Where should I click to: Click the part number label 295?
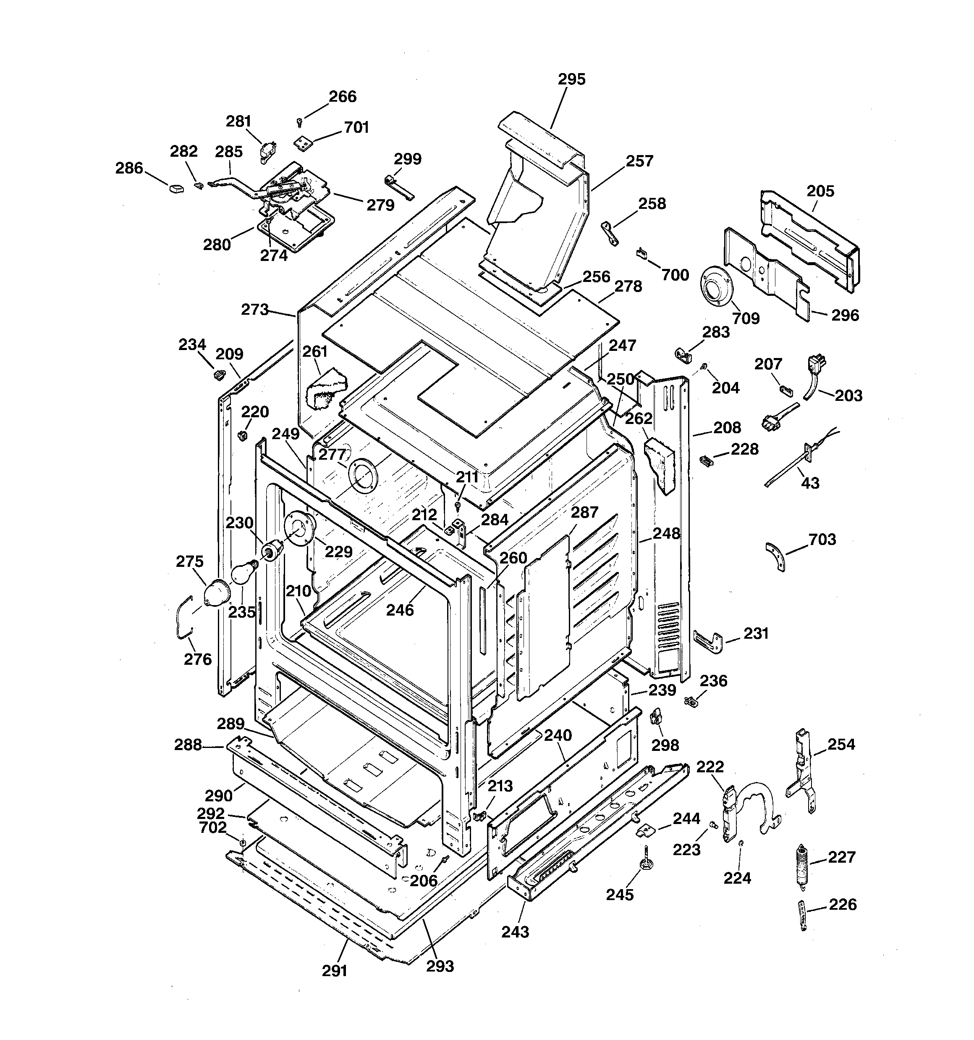571,79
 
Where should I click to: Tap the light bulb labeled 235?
243,572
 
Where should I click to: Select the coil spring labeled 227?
801,865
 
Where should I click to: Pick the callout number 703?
822,540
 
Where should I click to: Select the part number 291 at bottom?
335,971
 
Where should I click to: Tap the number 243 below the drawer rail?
515,932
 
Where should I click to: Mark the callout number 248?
667,534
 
